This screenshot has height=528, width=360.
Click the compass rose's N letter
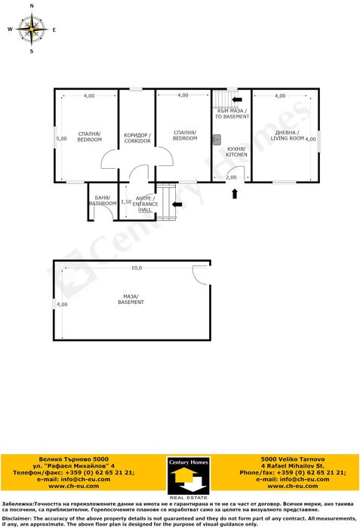click(32, 6)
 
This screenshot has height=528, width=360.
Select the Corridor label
click(137, 138)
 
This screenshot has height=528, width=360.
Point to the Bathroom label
click(103, 201)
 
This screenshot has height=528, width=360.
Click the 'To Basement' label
click(232, 114)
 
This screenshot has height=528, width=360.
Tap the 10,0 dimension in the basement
click(137, 268)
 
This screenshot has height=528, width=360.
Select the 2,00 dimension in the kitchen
click(232, 177)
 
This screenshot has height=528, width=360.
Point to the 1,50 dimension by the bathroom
click(126, 201)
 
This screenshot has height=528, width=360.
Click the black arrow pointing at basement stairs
click(237, 99)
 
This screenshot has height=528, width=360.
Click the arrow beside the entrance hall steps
click(179, 203)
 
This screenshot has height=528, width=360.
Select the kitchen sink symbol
click(216, 138)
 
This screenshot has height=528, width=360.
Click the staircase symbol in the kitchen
click(220, 99)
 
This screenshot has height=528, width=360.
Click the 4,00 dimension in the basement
click(62, 304)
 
